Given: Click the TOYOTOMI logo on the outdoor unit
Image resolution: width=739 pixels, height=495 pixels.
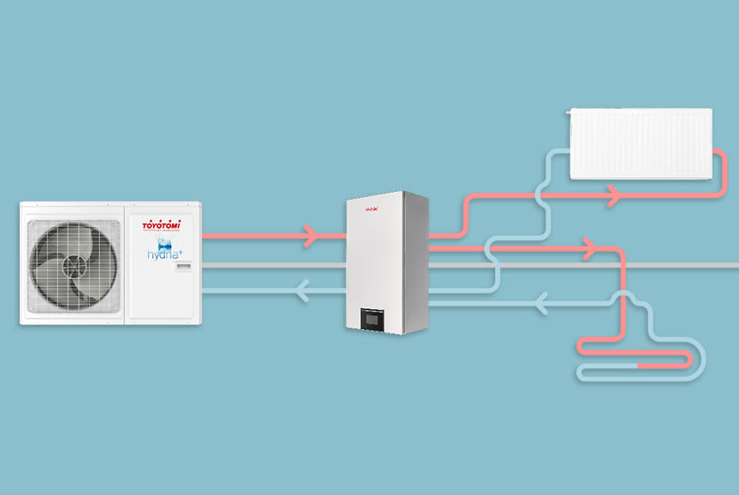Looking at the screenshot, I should click(x=161, y=225).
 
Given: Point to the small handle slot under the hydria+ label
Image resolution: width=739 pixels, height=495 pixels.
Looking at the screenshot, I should click(x=184, y=270).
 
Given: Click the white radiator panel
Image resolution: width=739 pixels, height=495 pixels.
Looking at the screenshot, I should click(x=641, y=142).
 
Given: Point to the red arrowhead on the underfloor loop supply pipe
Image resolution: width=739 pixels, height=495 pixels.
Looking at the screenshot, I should click(x=588, y=249).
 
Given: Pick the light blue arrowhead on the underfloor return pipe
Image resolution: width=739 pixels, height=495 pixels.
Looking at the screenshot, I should click(x=540, y=301).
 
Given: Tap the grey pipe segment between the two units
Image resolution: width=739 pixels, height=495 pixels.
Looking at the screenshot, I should click(x=274, y=265).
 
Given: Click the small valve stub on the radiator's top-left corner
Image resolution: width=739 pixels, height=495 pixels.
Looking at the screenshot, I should click(x=574, y=110).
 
